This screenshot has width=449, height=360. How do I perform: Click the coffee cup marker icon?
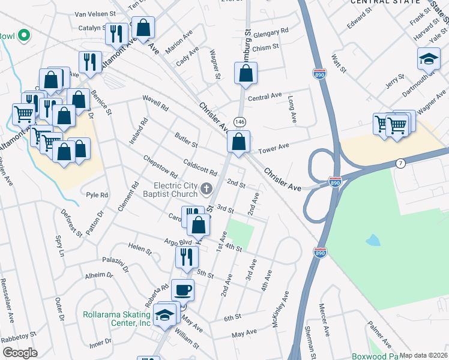tap(183, 290)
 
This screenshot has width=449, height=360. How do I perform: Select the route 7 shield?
tap(400, 163)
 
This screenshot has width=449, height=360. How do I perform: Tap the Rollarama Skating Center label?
tap(116, 319)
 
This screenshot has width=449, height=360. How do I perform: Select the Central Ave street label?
tap(265, 97)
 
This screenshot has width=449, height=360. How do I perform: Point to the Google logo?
tap(20, 352)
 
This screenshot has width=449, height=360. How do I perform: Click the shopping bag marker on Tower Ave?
tap(239, 143)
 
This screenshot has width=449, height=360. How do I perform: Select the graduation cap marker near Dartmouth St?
tap(429, 59)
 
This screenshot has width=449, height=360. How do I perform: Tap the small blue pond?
tap(373, 241)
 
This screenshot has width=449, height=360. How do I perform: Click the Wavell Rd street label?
tap(155, 103)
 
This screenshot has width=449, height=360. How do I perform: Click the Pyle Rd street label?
tap(97, 195)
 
